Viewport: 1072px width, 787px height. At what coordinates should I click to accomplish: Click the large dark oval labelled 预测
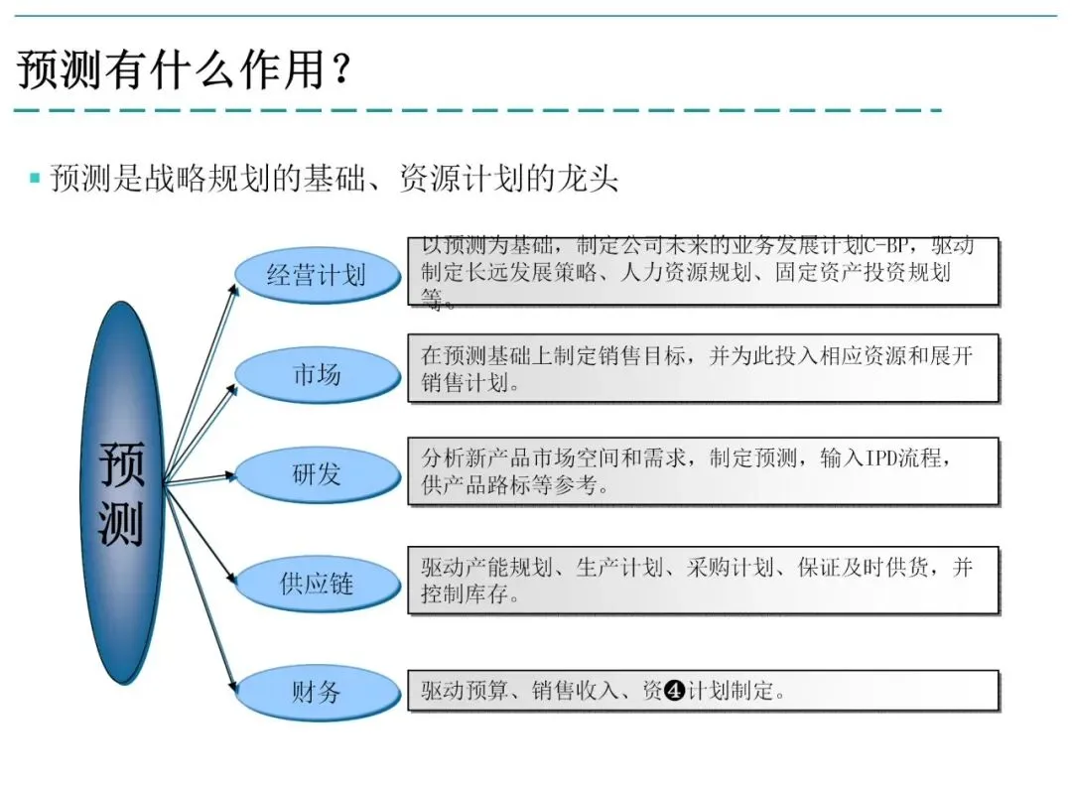pyautogui.click(x=121, y=493)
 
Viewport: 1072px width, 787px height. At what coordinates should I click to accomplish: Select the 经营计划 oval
pyautogui.click(x=317, y=275)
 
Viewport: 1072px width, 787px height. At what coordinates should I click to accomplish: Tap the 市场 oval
pyautogui.click(x=317, y=374)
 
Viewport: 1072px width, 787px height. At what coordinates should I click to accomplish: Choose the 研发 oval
pyautogui.click(x=317, y=474)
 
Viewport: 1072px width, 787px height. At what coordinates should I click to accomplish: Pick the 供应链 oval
pyautogui.click(x=317, y=584)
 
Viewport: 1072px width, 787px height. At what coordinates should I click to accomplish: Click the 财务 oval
pyautogui.click(x=317, y=692)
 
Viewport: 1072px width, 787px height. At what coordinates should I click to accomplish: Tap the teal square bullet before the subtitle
pyautogui.click(x=35, y=179)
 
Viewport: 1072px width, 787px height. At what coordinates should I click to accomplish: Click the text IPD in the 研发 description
pyautogui.click(x=882, y=459)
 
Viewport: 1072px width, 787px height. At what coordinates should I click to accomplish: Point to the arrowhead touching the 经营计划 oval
pyautogui.click(x=235, y=288)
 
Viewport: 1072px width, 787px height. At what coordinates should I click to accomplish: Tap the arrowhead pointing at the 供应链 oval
pyautogui.click(x=235, y=580)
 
